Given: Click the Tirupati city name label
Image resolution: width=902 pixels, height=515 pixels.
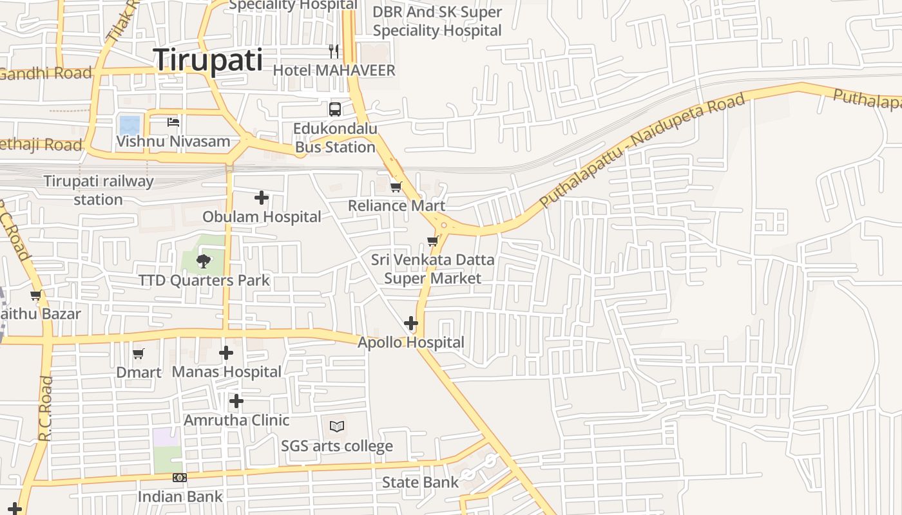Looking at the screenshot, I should click(x=208, y=60).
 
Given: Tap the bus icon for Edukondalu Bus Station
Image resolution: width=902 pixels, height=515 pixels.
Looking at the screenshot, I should click(x=335, y=109).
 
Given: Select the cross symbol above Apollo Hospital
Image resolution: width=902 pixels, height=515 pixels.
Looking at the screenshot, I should click(x=410, y=323).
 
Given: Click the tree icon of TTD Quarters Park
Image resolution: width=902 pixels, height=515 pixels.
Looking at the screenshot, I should click(x=203, y=261).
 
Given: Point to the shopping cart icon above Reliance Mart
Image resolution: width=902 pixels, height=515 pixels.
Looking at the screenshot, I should click(x=396, y=187).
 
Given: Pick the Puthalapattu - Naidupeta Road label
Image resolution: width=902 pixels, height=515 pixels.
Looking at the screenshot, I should click(x=642, y=151).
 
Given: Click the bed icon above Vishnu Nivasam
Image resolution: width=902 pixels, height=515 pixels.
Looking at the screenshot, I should click(x=173, y=122).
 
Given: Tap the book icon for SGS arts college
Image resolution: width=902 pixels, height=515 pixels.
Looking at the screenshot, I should click(x=337, y=426).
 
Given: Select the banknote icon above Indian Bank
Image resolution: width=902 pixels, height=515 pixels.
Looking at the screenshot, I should click(x=180, y=478).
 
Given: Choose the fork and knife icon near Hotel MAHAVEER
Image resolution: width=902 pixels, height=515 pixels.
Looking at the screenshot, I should click(x=334, y=51).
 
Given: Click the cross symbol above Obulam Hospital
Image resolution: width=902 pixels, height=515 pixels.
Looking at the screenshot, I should click(x=262, y=198).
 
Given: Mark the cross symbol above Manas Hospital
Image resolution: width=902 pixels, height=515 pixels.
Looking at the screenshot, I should click(x=226, y=353).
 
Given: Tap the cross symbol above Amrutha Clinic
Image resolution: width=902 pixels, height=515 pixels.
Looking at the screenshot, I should click(x=236, y=401).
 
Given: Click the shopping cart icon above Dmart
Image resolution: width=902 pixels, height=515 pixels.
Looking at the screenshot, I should click(x=139, y=353).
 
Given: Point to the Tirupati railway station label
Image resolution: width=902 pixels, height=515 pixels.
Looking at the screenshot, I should click(x=99, y=190).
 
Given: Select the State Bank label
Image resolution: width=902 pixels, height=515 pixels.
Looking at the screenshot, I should click(x=420, y=482).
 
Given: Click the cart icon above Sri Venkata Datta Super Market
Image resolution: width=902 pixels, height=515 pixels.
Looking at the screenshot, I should click(x=432, y=241).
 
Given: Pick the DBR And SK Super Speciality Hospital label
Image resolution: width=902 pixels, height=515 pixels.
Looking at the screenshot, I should click(x=437, y=21).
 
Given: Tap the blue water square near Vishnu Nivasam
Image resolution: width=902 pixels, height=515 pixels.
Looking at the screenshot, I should click(x=130, y=125).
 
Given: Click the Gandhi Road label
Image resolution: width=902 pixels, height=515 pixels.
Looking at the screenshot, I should click(x=45, y=73).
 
